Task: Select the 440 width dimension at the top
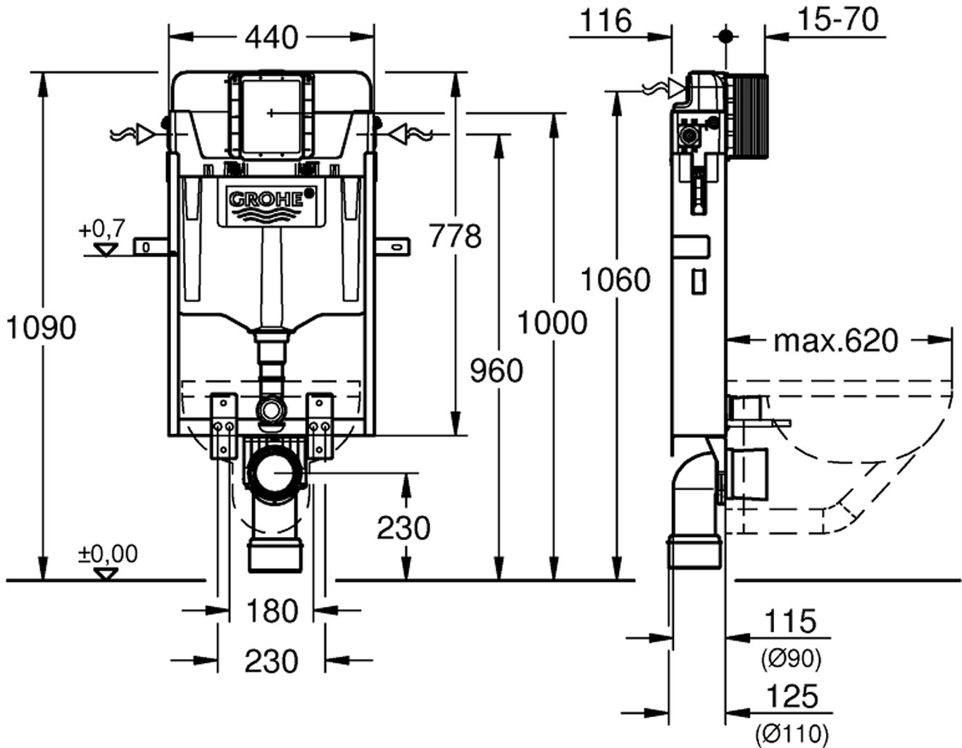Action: (272, 37)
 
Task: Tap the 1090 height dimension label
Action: (40, 327)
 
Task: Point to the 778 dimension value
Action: (456, 236)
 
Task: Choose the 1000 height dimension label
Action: (552, 323)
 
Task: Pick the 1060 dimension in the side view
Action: (615, 280)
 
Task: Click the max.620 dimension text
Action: (836, 341)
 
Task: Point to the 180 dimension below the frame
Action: (272, 611)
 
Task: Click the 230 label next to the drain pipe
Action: (404, 527)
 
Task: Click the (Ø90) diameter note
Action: (791, 660)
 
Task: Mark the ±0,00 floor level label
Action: (108, 553)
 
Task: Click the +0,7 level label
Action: (102, 228)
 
